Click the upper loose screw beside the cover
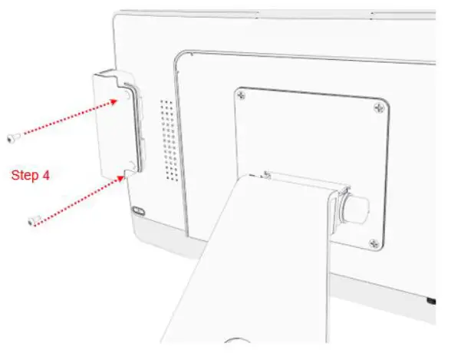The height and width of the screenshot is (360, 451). pyautogui.click(x=14, y=137)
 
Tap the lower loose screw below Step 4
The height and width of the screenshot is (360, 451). pyautogui.click(x=32, y=221)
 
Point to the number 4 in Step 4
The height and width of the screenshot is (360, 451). pyautogui.click(x=46, y=175)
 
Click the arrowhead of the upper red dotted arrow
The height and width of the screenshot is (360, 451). pyautogui.click(x=122, y=101)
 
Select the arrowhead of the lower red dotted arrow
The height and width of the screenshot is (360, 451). pyautogui.click(x=123, y=177)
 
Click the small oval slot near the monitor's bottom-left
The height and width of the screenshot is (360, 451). pyautogui.click(x=140, y=210)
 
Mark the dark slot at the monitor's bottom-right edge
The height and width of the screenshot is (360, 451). pyautogui.click(x=430, y=299)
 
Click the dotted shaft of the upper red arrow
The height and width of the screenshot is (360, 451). pyautogui.click(x=69, y=118)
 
